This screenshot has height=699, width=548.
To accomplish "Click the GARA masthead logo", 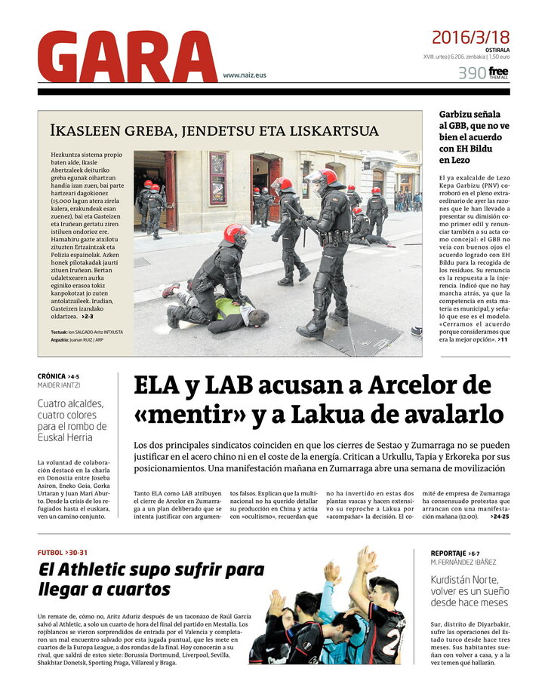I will (x=127, y=57).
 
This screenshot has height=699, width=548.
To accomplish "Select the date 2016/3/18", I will (x=470, y=37).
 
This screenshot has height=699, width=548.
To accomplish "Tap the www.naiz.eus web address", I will (x=245, y=75).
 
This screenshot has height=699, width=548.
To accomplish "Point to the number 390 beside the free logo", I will (x=471, y=73).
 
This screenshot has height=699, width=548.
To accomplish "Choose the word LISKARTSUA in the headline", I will (x=332, y=130).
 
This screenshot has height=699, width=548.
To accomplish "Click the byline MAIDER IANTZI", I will (x=59, y=385).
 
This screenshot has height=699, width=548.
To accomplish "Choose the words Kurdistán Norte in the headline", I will (x=464, y=579).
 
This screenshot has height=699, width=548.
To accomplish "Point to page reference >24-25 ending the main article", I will (x=499, y=517).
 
